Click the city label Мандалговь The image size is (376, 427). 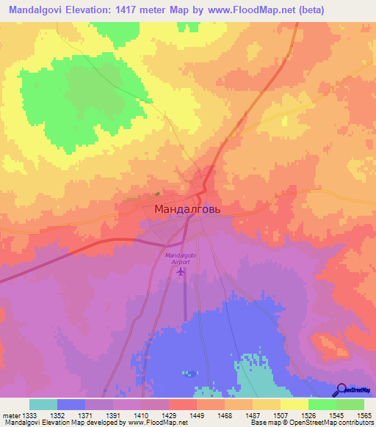[187, 209]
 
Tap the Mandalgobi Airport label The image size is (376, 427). [181, 257]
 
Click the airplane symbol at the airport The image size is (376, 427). [181, 272]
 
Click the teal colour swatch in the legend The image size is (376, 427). [43, 404]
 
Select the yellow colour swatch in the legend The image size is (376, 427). [294, 404]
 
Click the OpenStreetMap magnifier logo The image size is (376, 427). [342, 390]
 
